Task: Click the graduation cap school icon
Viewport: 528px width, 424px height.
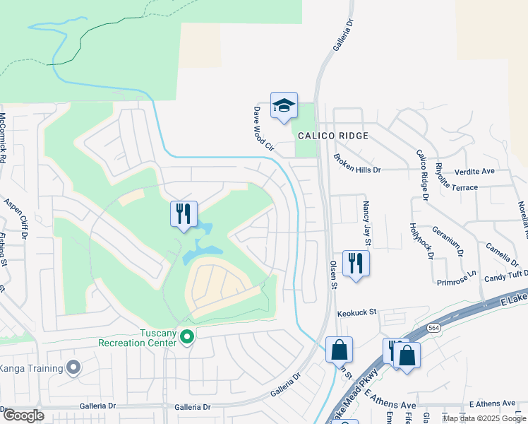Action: [x=284, y=106]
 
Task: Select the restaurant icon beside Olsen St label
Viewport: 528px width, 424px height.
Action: [x=356, y=263]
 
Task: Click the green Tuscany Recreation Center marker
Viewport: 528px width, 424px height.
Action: [x=186, y=337]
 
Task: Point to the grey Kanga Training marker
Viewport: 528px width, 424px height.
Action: [x=73, y=367]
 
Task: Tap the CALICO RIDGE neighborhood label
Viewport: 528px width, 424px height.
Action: [x=332, y=136]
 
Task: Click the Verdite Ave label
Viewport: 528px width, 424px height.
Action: [x=494, y=172]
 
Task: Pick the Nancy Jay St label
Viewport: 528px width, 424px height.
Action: [x=368, y=223]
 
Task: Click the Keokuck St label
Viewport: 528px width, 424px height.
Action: [x=358, y=312]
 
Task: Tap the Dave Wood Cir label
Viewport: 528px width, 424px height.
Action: [x=263, y=129]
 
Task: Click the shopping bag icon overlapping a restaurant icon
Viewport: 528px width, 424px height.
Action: [x=407, y=355]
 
